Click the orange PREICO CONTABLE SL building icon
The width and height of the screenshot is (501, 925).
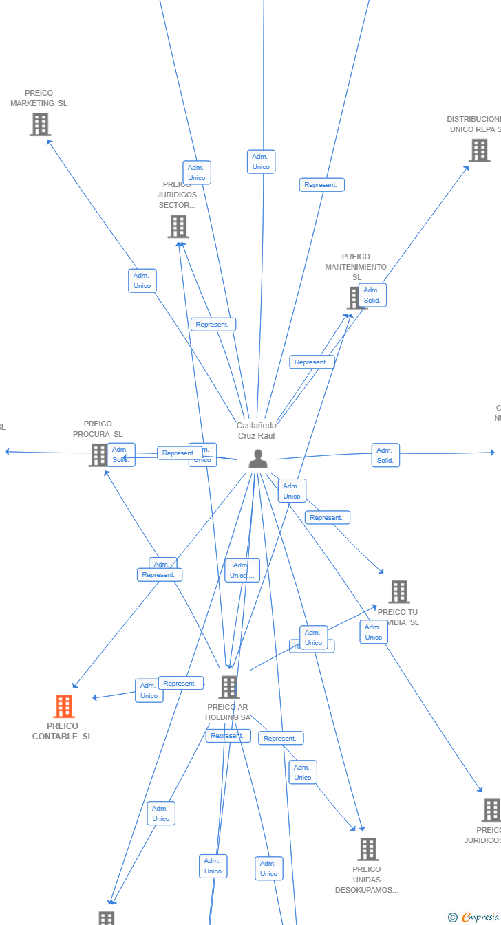[64, 706]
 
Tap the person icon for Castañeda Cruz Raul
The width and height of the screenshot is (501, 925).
[258, 459]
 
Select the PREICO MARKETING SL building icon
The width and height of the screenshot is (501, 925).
[40, 124]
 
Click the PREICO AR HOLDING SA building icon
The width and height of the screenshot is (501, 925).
[228, 687]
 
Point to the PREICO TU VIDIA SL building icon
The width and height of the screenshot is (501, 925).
[399, 591]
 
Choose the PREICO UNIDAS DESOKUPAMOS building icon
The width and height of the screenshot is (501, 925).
[368, 849]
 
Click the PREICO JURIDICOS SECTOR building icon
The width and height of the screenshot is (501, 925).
[178, 226]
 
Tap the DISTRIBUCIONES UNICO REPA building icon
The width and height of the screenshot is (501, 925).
[479, 150]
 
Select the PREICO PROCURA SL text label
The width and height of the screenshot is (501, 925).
[98, 429]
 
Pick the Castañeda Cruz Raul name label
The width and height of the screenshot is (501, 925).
[256, 431]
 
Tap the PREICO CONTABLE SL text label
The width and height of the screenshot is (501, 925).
[63, 731]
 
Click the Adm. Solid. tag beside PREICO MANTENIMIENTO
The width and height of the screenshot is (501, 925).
[372, 295]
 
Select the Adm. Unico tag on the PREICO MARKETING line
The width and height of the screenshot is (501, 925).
[142, 281]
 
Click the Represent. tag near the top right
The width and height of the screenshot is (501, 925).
[321, 185]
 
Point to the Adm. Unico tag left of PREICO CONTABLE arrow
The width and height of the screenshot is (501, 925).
[149, 690]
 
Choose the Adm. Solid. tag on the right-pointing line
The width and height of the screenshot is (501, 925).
[385, 455]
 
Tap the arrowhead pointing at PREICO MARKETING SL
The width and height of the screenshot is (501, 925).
[48, 142]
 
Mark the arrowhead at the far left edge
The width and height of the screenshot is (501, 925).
[7, 452]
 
